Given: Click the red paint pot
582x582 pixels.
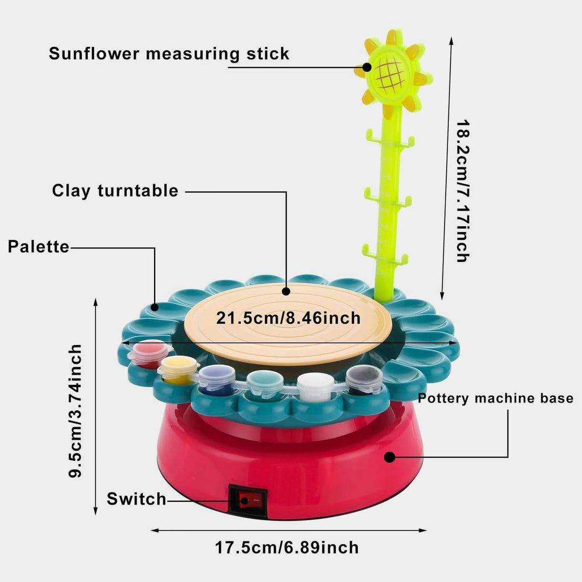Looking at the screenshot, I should click(148, 353).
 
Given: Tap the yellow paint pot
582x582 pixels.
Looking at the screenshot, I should click(178, 369).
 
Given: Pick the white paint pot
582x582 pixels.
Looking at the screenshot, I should click(315, 386).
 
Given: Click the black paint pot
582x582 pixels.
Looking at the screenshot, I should click(364, 379).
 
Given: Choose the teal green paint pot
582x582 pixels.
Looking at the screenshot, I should click(265, 383).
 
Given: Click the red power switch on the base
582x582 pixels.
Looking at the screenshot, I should click(246, 501).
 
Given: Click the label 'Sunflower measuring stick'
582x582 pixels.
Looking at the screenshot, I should click(169, 54).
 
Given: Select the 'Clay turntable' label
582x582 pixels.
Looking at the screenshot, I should click(115, 191).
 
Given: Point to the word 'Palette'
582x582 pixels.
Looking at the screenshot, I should click(38, 247).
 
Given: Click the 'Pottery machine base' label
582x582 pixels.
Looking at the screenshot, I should click(496, 399).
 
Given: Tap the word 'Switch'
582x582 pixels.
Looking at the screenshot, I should click(136, 499).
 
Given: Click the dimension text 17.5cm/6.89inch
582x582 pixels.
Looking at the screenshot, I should click(287, 548).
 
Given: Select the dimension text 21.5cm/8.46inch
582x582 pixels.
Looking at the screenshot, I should click(288, 317).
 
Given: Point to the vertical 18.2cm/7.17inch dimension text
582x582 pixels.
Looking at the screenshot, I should click(463, 191).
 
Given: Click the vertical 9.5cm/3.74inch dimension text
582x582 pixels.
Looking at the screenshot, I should click(75, 411).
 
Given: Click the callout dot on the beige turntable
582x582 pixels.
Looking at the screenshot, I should click(286, 291).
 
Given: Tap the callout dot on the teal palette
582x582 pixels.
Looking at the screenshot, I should click(155, 307).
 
